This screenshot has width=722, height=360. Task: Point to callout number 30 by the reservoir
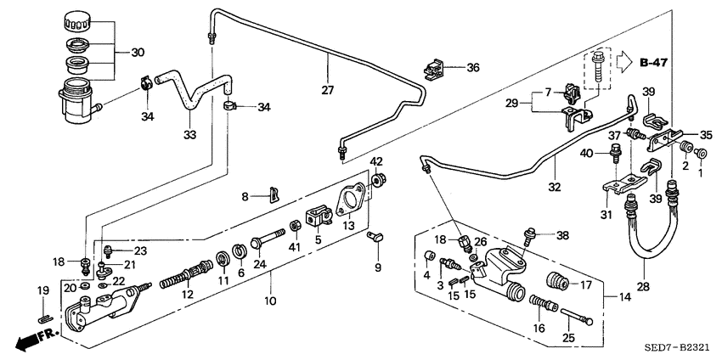click(x=137, y=52)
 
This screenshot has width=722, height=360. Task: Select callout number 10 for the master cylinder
click(x=271, y=301)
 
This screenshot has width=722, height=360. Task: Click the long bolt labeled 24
click(x=271, y=232)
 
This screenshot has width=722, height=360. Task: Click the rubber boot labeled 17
click(x=556, y=282)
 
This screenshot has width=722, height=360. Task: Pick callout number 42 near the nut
click(x=376, y=161)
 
